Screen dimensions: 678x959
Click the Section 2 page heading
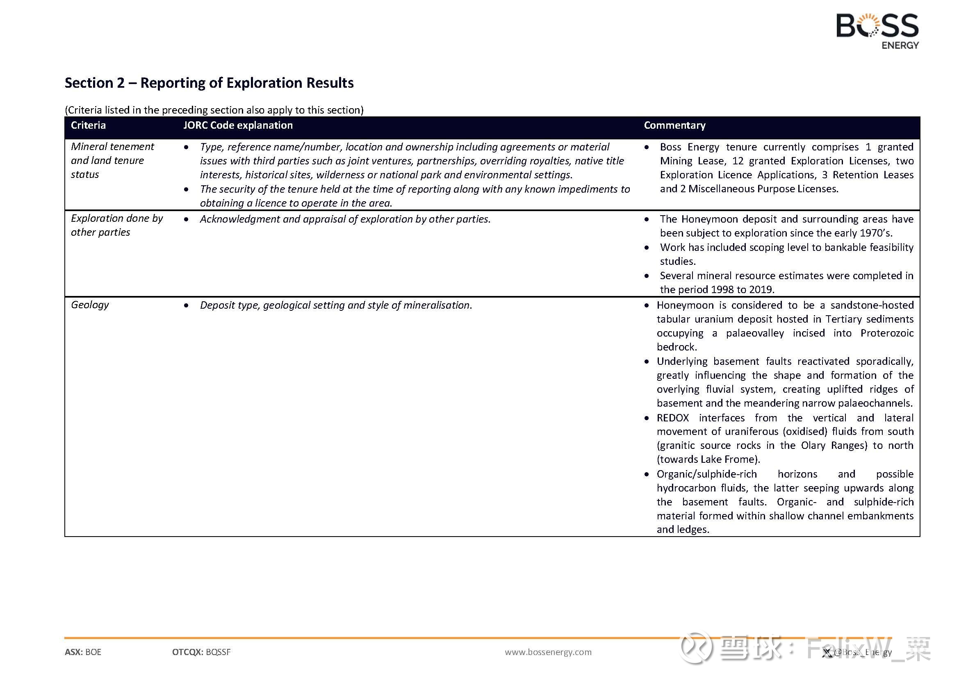209,83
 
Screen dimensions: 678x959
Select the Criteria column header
88,125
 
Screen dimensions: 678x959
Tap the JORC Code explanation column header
238,125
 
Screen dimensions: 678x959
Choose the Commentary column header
674,125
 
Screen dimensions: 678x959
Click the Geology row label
90,305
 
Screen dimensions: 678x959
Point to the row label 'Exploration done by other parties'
116,225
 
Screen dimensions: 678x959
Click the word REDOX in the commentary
672,418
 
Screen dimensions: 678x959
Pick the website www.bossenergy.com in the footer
548,652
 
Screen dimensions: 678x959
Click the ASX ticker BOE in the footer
93,652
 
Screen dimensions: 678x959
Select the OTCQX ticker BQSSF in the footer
218,652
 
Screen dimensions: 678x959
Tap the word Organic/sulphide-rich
706,474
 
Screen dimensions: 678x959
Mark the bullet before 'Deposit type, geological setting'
186,306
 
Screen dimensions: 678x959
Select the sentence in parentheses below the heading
214,110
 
